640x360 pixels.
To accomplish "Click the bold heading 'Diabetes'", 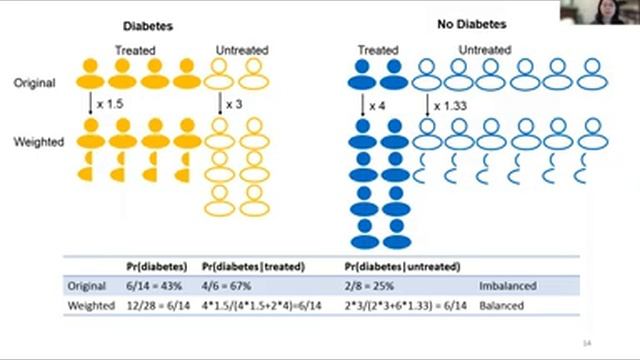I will point(147,26).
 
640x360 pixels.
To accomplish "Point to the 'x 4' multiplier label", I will point(377,105).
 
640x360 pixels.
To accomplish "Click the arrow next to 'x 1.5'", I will point(91,104).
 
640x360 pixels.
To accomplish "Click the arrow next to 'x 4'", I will point(363,104).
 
